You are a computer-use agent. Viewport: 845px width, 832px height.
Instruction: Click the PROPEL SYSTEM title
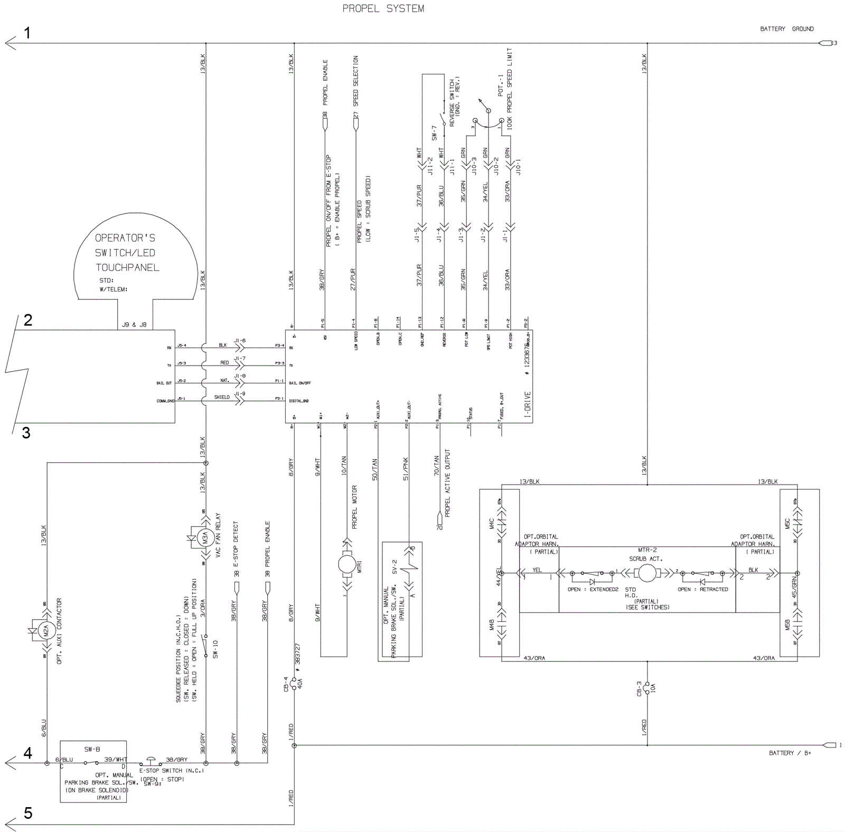[383, 8]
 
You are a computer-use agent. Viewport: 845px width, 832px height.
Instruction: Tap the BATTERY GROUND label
[786, 29]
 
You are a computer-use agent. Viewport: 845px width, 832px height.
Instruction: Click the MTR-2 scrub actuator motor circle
[647, 573]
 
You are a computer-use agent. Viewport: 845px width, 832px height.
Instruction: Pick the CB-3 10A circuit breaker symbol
[647, 688]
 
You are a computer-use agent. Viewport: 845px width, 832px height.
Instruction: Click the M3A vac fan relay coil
[205, 538]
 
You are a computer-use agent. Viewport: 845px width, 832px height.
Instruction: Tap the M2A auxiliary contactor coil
[46, 630]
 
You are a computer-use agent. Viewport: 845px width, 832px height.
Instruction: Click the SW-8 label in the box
[92, 749]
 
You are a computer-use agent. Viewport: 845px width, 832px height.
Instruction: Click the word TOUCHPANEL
[127, 268]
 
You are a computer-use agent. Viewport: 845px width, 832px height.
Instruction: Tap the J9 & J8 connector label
[135, 325]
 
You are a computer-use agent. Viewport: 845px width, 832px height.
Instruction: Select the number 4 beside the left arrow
[27, 753]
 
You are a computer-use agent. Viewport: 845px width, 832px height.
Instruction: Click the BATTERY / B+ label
[790, 753]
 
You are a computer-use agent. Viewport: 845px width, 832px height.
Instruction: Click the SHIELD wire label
[222, 397]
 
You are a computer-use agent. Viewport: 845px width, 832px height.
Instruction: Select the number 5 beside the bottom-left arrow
[28, 813]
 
